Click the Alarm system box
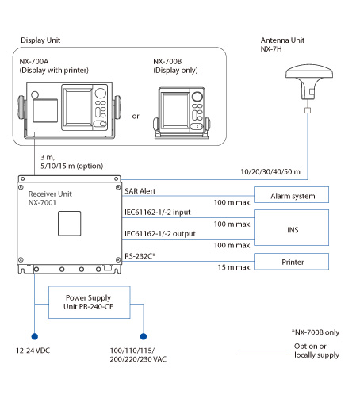[x=291, y=195]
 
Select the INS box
[x=291, y=228]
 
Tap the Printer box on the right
[x=291, y=262]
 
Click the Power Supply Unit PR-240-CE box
[x=90, y=302]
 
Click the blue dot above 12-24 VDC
[x=34, y=336]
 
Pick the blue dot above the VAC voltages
[x=144, y=336]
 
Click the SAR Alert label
[x=140, y=191]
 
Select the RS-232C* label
[x=140, y=256]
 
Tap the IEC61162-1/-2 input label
[x=157, y=213]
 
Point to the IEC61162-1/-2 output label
[x=160, y=234]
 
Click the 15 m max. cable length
[x=235, y=267]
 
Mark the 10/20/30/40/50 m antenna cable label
[x=270, y=172]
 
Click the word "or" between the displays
[x=136, y=117]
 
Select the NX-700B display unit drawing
[x=182, y=113]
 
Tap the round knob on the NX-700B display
[x=197, y=97]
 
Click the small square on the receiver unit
[x=70, y=224]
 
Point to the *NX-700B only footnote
[x=316, y=332]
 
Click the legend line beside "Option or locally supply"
[x=263, y=351]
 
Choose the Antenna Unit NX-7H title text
[x=282, y=44]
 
